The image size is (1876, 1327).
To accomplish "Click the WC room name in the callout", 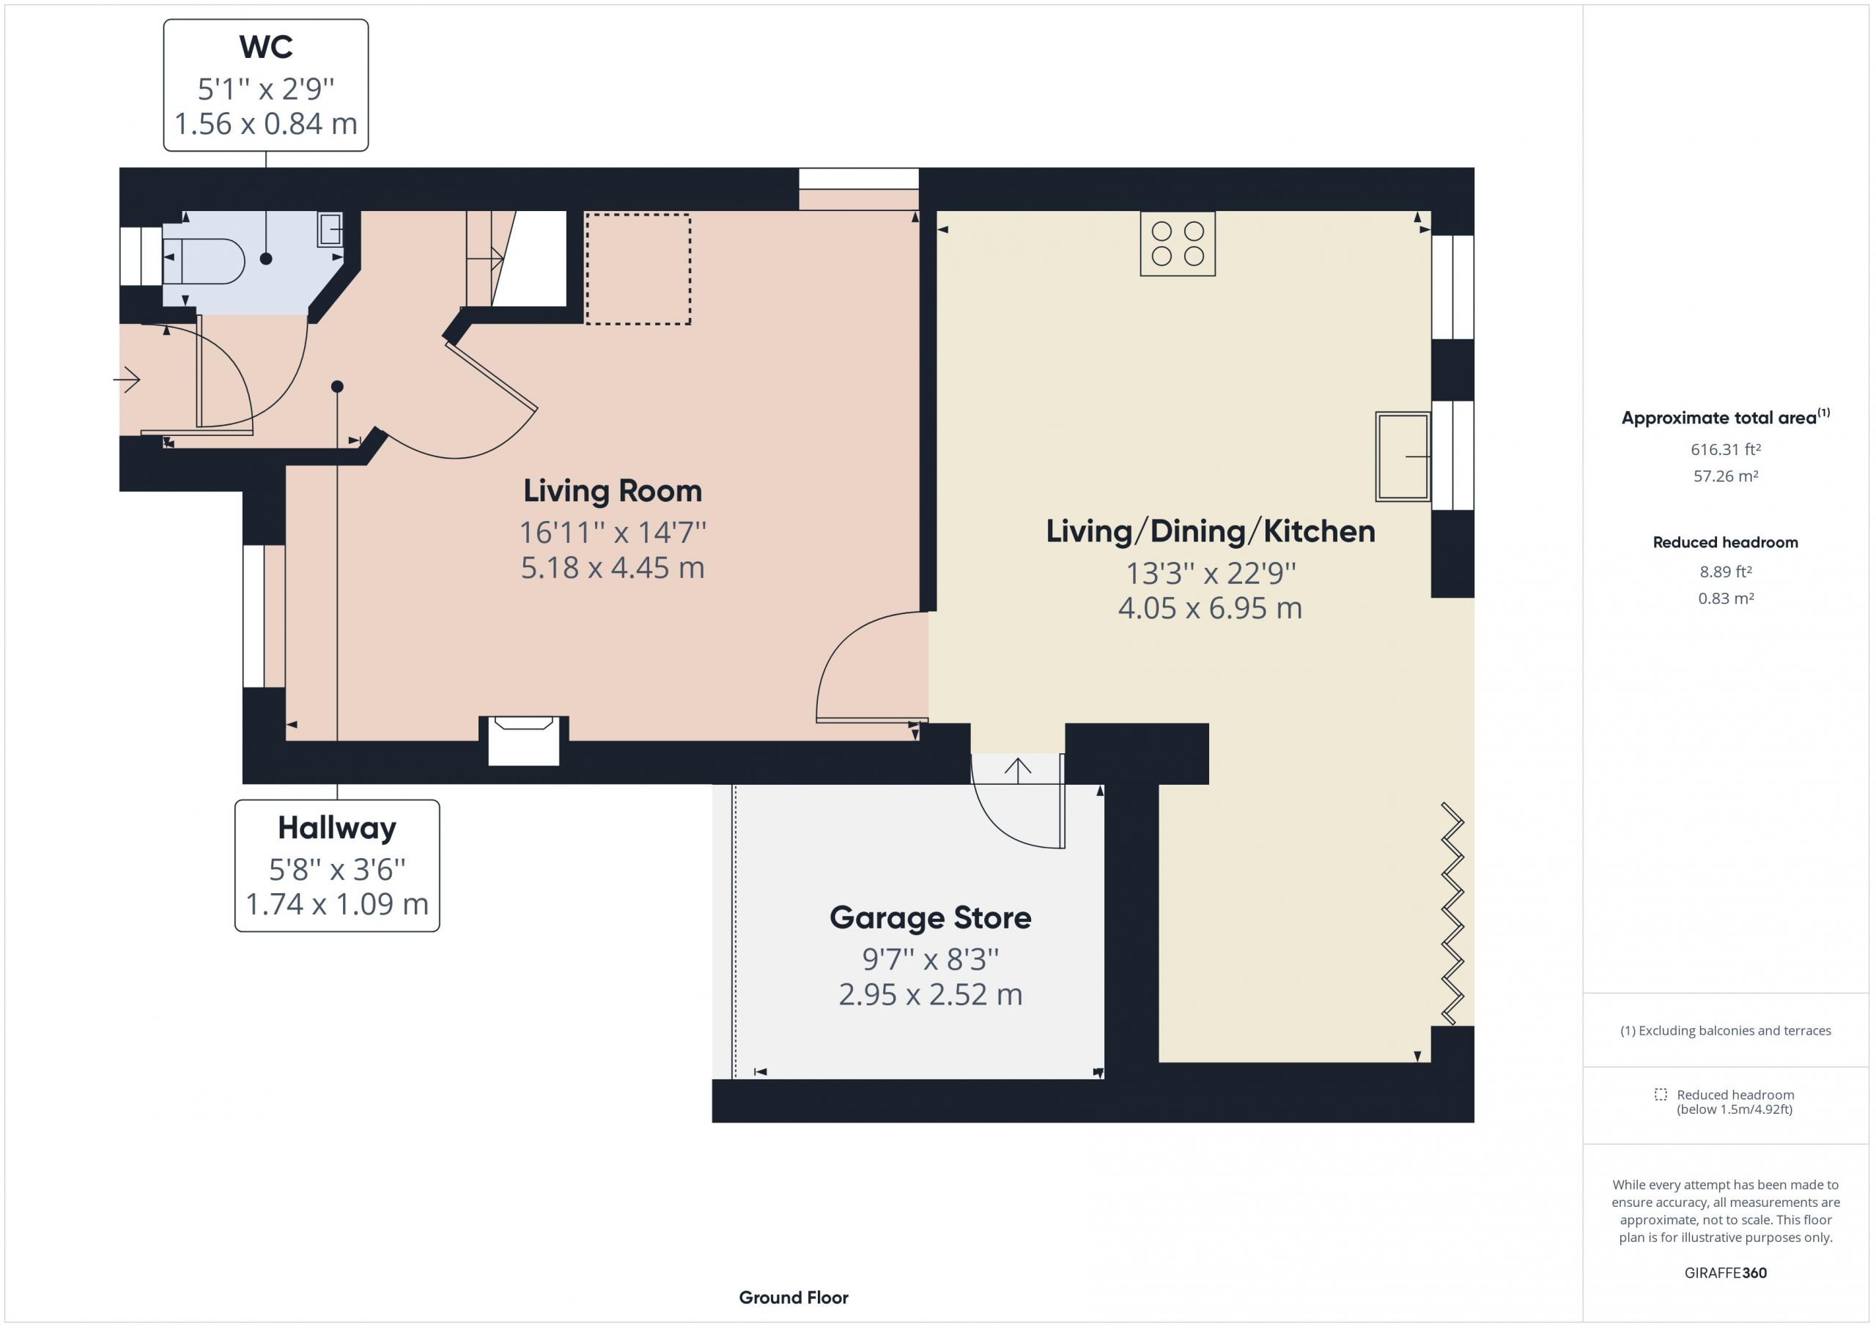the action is pyautogui.click(x=265, y=48).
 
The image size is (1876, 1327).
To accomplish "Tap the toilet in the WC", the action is pyautogui.click(x=204, y=261).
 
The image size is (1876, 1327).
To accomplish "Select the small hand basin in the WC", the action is pyautogui.click(x=330, y=229).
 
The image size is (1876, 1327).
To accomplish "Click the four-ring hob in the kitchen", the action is pyautogui.click(x=1178, y=243).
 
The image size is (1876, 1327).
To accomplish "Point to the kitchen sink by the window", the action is pyautogui.click(x=1402, y=456).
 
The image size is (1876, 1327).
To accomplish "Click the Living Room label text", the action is pyautogui.click(x=613, y=491).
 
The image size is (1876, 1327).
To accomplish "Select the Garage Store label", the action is pyautogui.click(x=931, y=917).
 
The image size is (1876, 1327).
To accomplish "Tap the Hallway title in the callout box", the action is pyautogui.click(x=336, y=828).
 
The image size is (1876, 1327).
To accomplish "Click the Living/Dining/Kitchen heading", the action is pyautogui.click(x=1210, y=532).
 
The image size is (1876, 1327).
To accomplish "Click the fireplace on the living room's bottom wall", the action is pyautogui.click(x=524, y=740).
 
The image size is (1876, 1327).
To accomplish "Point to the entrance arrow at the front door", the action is pyautogui.click(x=127, y=379).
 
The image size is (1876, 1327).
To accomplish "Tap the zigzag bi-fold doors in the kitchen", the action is pyautogui.click(x=1452, y=914).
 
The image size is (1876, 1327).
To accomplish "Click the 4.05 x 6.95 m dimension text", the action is pyautogui.click(x=1210, y=609).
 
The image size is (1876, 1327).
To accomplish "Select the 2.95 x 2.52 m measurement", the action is pyautogui.click(x=931, y=994).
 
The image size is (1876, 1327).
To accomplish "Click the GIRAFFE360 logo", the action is pyautogui.click(x=1726, y=1272).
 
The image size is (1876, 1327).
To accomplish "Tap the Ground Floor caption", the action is pyautogui.click(x=794, y=1298).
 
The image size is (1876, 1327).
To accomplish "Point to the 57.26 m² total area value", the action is pyautogui.click(x=1726, y=476).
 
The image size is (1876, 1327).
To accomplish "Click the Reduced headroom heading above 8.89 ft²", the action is pyautogui.click(x=1726, y=542).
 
